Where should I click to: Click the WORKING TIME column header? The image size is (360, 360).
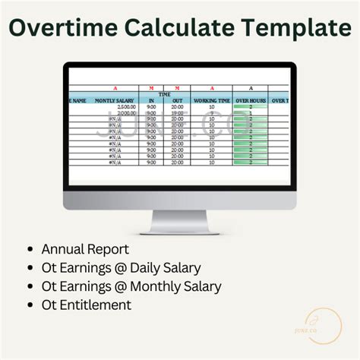pyautogui.click(x=211, y=100)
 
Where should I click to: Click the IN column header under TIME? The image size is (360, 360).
pyautogui.click(x=151, y=100)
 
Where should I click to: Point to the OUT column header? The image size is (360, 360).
pyautogui.click(x=177, y=100)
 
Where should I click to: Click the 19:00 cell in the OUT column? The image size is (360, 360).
pyautogui.click(x=177, y=113)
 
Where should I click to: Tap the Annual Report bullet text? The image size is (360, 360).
pyautogui.click(x=85, y=249)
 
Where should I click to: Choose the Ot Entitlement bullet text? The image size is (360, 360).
pyautogui.click(x=86, y=305)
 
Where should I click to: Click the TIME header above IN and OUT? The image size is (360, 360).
pyautogui.click(x=164, y=94)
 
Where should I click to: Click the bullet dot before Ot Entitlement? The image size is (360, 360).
pyautogui.click(x=30, y=305)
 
